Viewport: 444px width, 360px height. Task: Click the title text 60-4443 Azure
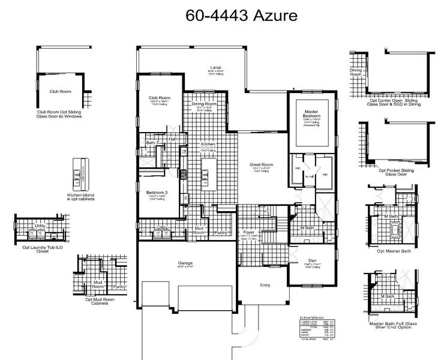pos(241,15)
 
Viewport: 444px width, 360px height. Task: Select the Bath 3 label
pos(152,143)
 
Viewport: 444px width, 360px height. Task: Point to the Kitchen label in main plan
pos(208,145)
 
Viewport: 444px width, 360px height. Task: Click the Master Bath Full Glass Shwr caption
pos(394,325)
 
